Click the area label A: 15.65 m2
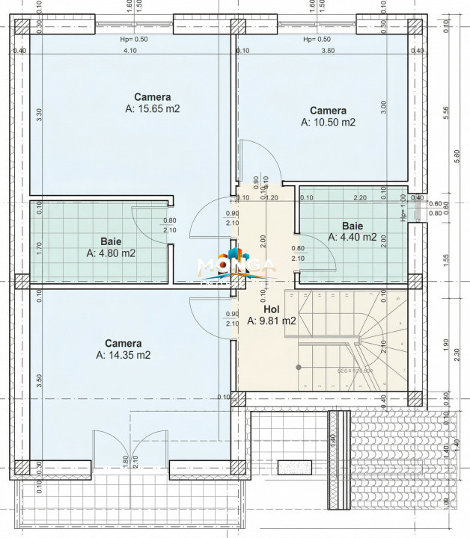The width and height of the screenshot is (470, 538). click(x=153, y=109)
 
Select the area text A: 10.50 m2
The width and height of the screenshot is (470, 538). click(x=328, y=123)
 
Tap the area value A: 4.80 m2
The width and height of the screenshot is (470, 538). click(x=111, y=253)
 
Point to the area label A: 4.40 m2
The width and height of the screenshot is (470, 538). click(x=352, y=238)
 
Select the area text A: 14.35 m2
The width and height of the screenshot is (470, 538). click(x=123, y=356)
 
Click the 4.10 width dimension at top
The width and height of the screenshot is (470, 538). click(x=129, y=51)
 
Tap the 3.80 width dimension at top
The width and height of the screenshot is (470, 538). click(x=328, y=51)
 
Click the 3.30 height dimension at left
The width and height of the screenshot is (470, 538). click(x=39, y=116)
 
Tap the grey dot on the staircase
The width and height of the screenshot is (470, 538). click(x=298, y=367)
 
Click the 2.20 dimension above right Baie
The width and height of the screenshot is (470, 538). click(x=359, y=198)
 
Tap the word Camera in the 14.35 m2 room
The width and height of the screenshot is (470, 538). click(x=123, y=344)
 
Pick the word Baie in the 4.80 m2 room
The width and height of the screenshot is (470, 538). click(x=111, y=241)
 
